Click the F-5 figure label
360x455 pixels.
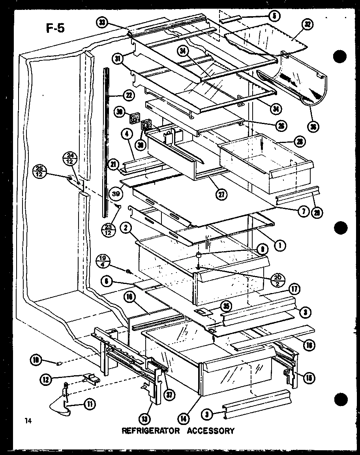[x=52, y=28]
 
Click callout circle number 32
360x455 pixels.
[x=307, y=24]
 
